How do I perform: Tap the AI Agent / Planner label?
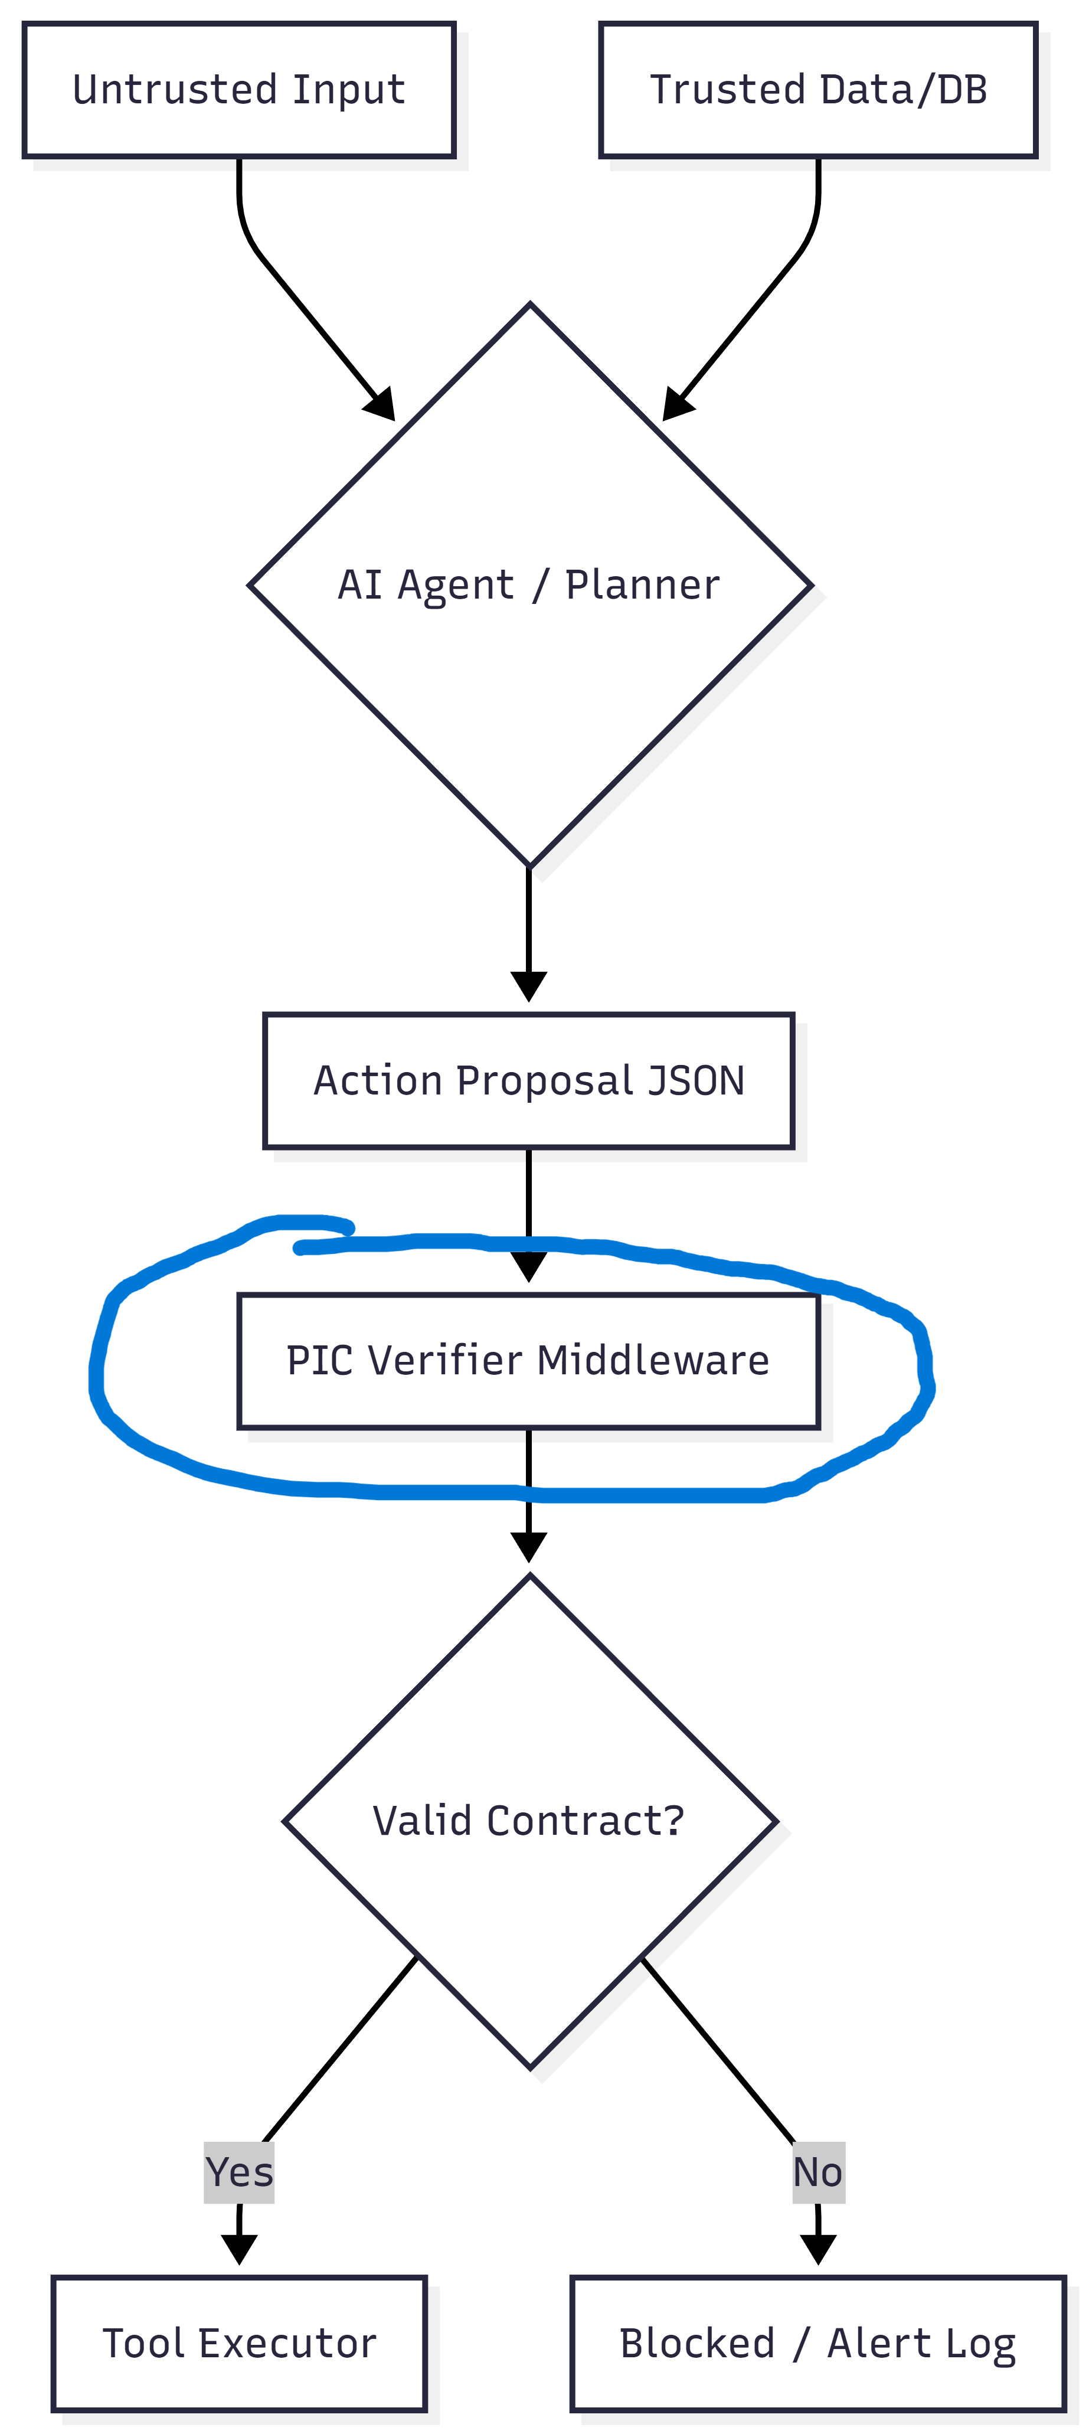tap(529, 585)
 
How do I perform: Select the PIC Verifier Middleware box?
tap(528, 1361)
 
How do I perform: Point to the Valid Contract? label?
tap(529, 1821)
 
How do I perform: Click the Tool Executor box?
tap(239, 2343)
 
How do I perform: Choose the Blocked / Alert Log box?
tap(818, 2343)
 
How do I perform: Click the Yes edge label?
tap(239, 2172)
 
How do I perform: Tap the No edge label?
tap(818, 2172)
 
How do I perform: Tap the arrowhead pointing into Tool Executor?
tap(239, 2250)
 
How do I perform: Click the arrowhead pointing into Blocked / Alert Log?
tap(818, 2250)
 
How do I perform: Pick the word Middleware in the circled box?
tap(653, 1361)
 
